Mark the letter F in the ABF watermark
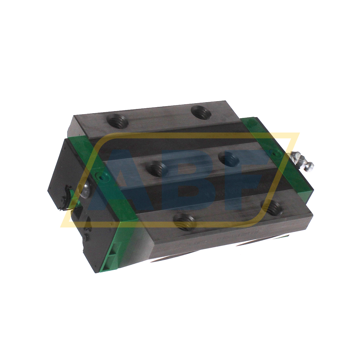pos(244,178)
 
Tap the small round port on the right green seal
pos(274,152)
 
